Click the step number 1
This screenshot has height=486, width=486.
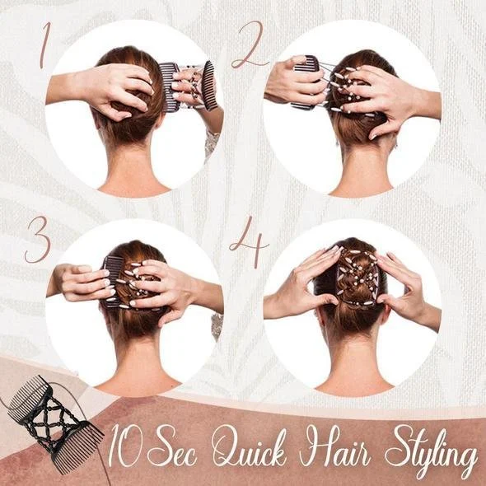(x=45, y=45)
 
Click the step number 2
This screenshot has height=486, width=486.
(x=250, y=45)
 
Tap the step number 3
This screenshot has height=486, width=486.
(x=38, y=239)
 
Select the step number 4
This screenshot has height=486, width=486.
(x=250, y=241)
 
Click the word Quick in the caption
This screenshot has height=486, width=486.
(x=249, y=446)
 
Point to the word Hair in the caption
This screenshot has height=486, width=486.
(x=334, y=446)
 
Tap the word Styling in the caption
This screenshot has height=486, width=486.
(x=431, y=450)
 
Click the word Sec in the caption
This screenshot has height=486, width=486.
(x=172, y=446)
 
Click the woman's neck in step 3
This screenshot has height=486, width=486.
(x=138, y=362)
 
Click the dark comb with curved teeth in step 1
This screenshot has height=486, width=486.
(x=209, y=86)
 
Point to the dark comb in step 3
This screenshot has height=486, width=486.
(x=111, y=281)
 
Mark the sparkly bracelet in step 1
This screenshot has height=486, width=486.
(x=213, y=143)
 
